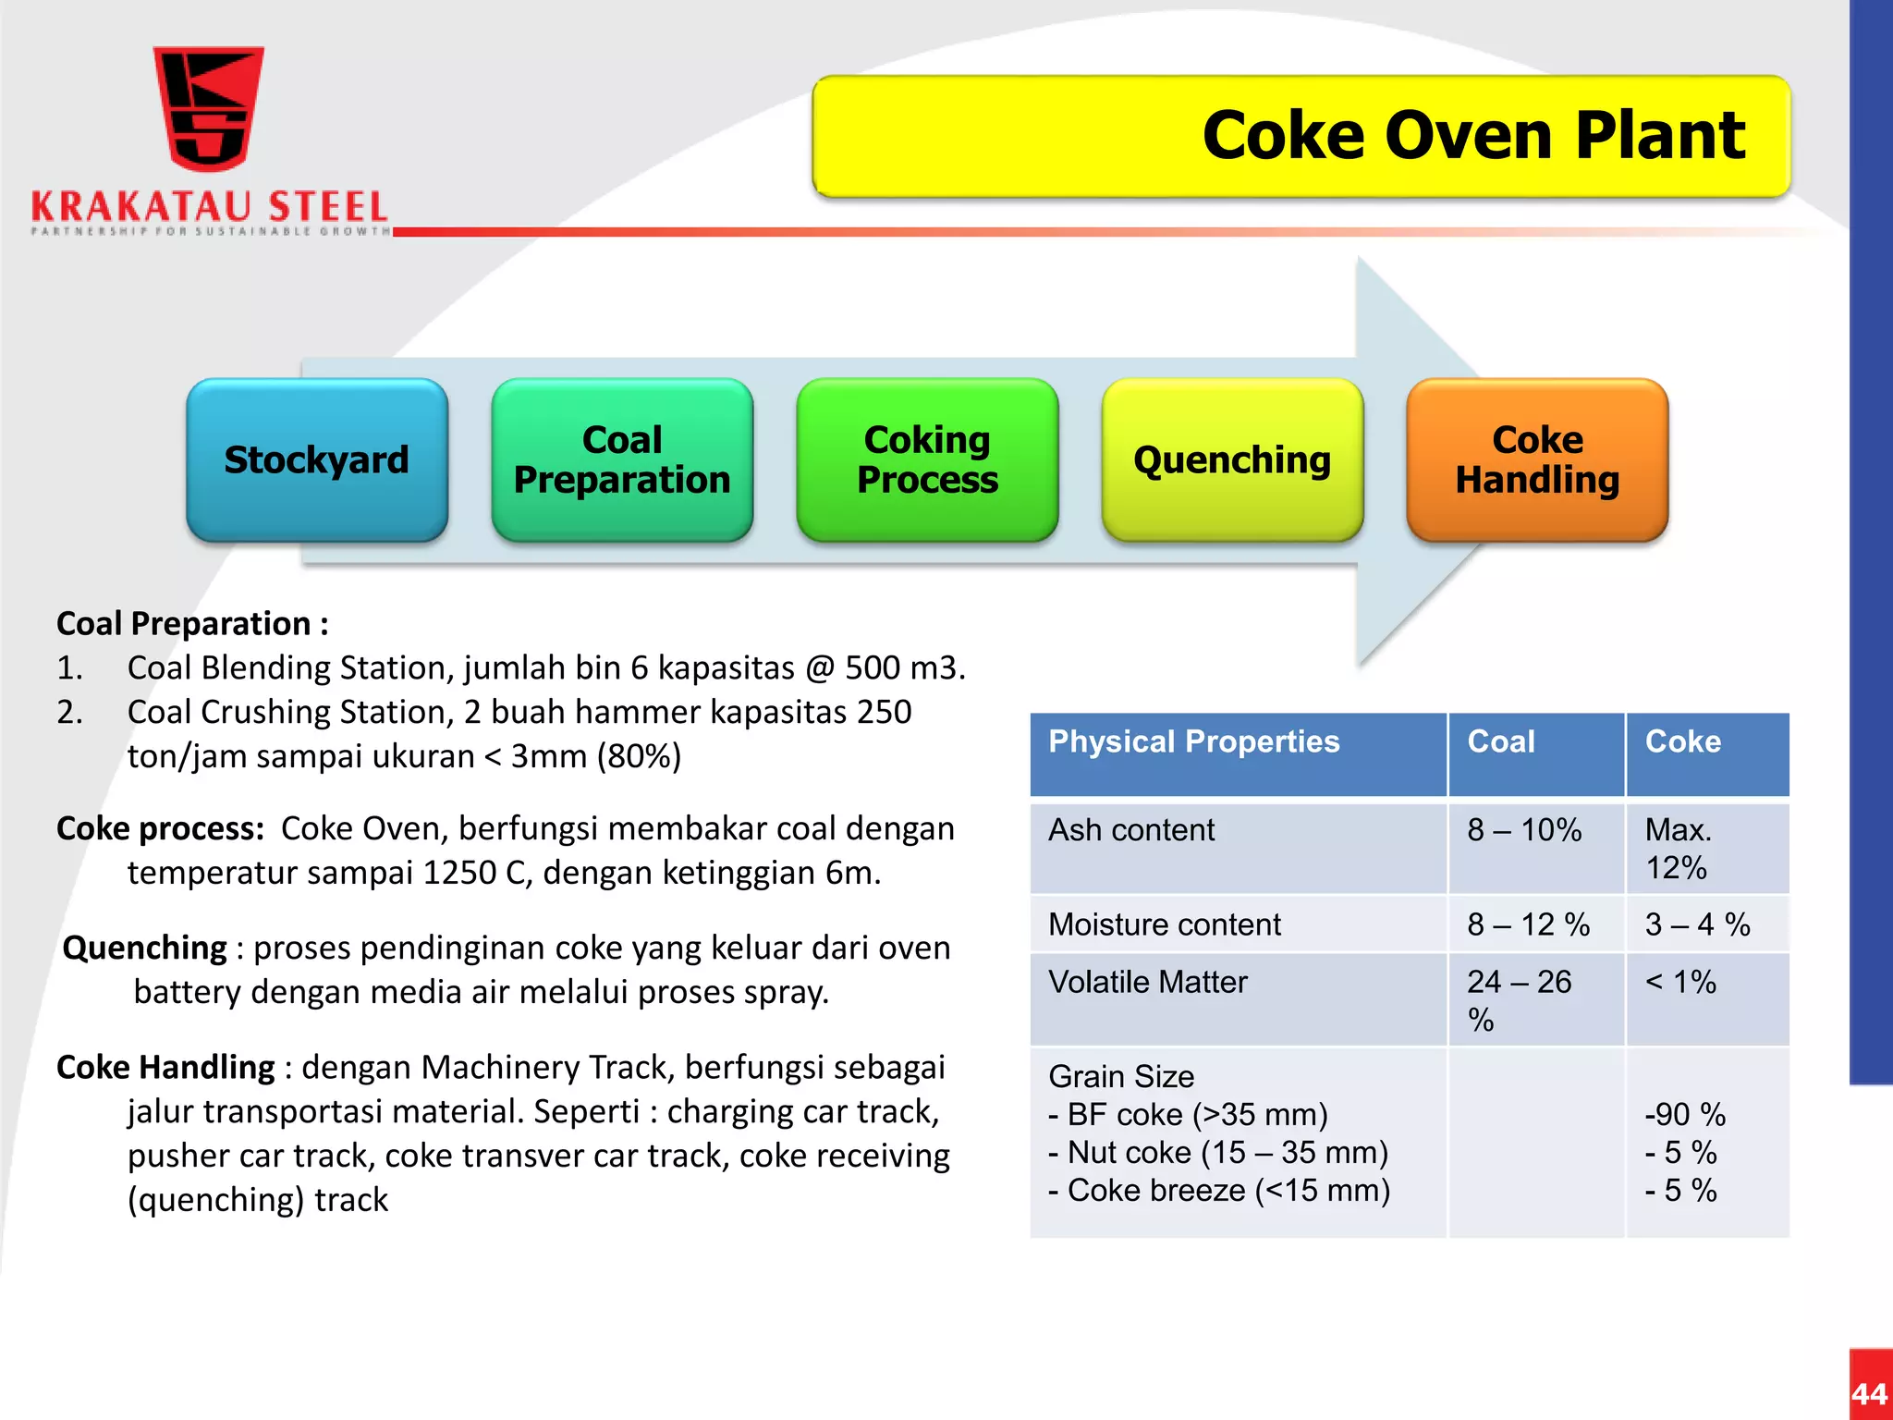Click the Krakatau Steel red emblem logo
click(x=208, y=109)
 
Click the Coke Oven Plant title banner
click(x=1301, y=136)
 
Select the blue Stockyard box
click(x=317, y=459)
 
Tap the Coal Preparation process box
click(x=622, y=459)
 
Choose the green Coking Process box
click(x=927, y=459)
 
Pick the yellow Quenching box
click(x=1232, y=459)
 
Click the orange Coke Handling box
click(x=1537, y=459)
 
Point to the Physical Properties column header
click(x=1193, y=741)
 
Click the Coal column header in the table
click(x=1501, y=741)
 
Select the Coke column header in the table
click(x=1682, y=741)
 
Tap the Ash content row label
click(x=1131, y=830)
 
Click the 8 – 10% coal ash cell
click(x=1524, y=830)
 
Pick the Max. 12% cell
click(x=1678, y=848)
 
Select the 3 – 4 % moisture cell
click(x=1697, y=924)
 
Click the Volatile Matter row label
click(x=1148, y=982)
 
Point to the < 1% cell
click(x=1680, y=982)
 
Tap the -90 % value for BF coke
click(x=1685, y=1114)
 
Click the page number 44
click(x=1870, y=1393)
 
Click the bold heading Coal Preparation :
click(x=192, y=623)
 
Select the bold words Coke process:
click(x=161, y=828)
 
